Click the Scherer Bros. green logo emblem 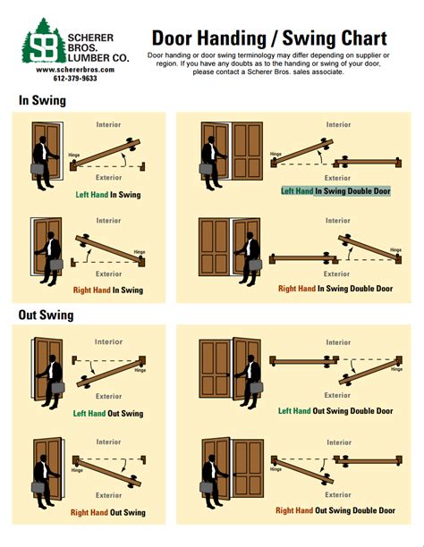click(x=43, y=41)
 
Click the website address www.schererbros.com click(x=66, y=69)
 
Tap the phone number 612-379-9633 click(x=66, y=79)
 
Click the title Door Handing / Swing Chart click(x=268, y=38)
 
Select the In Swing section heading click(x=42, y=100)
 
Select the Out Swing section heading click(x=47, y=315)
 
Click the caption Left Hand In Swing click(x=106, y=194)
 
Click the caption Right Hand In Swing click(x=106, y=290)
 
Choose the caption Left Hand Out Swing click(x=106, y=414)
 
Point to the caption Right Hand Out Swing click(x=106, y=512)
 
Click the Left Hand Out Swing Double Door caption click(x=335, y=411)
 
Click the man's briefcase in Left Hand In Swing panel click(x=40, y=167)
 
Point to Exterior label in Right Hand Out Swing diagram click(x=108, y=494)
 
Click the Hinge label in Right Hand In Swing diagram click(x=139, y=252)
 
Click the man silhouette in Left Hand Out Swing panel click(x=51, y=375)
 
